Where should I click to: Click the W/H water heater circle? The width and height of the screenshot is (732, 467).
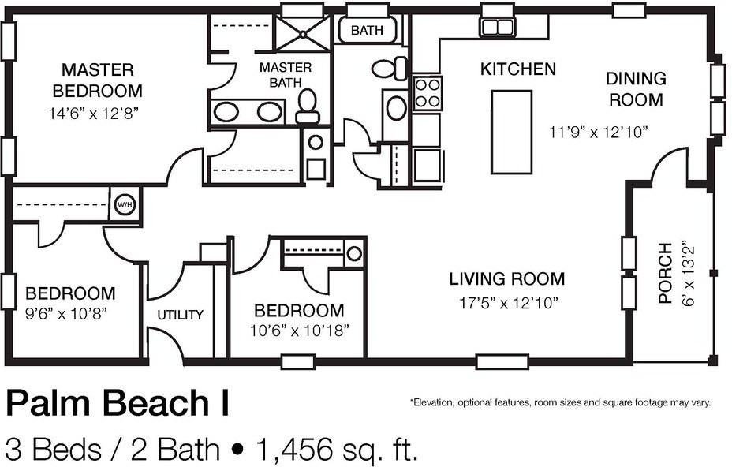point(125,204)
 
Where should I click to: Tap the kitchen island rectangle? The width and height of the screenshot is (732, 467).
point(512,133)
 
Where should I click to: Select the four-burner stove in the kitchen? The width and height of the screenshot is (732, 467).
point(428,93)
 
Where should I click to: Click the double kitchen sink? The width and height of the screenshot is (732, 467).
point(498,27)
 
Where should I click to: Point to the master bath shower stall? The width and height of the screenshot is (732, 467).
point(303,33)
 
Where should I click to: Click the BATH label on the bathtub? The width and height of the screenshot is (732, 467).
point(367,31)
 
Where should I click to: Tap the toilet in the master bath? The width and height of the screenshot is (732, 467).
point(308,106)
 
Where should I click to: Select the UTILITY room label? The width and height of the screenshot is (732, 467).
point(180,315)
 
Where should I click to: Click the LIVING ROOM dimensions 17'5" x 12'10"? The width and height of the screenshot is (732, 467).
point(509,304)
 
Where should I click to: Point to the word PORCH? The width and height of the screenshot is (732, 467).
point(665,273)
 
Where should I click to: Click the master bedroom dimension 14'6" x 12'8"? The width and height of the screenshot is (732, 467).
point(94,114)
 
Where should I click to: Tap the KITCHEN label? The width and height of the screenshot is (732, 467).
point(518,69)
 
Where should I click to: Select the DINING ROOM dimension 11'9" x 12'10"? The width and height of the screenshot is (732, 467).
point(599,133)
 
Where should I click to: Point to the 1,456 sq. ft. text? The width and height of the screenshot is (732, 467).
point(334,449)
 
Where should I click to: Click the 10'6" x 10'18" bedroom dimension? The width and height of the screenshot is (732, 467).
point(299,331)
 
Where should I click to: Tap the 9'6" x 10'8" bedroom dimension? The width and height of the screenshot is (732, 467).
point(65,313)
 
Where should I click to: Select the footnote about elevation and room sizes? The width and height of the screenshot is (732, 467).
point(561,402)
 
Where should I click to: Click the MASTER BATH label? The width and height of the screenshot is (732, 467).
point(286,75)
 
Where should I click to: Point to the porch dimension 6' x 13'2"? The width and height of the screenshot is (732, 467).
point(689,273)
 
